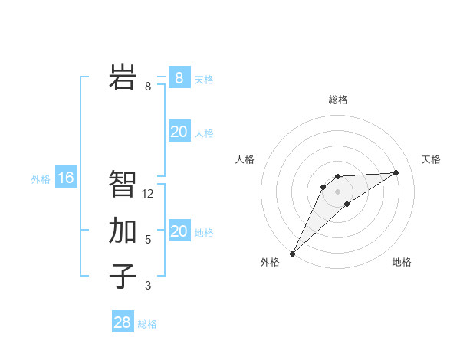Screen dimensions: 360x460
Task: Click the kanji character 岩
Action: pyautogui.click(x=123, y=77)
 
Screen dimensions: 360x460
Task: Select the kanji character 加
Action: pyautogui.click(x=123, y=231)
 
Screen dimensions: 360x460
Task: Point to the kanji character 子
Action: pyautogui.click(x=123, y=277)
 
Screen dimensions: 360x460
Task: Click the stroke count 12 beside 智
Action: pyautogui.click(x=148, y=194)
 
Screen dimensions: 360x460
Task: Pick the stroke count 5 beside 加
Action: pyautogui.click(x=148, y=240)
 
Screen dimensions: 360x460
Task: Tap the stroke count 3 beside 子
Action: pyautogui.click(x=148, y=286)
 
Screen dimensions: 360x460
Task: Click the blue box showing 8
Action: pyautogui.click(x=179, y=78)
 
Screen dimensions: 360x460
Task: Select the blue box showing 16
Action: pyautogui.click(x=66, y=178)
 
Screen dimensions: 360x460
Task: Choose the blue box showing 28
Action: pyautogui.click(x=123, y=322)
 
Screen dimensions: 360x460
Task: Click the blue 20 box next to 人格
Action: pyautogui.click(x=179, y=132)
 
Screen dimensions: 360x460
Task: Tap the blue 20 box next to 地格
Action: pyautogui.click(x=179, y=231)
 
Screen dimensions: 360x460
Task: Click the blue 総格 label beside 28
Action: pyautogui.click(x=147, y=324)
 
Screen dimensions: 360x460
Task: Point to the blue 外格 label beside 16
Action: pyautogui.click(x=41, y=179)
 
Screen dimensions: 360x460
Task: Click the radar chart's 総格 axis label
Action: pyautogui.click(x=338, y=100)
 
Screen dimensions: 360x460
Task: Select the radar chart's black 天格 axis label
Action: pyautogui.click(x=432, y=159)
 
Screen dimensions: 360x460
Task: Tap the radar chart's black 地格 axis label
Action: pyautogui.click(x=402, y=262)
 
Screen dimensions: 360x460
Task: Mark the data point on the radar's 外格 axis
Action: pyautogui.click(x=292, y=253)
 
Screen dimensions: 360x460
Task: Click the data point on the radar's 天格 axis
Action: pyautogui.click(x=396, y=172)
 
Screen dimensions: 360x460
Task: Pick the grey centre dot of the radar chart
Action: pyautogui.click(x=338, y=191)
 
